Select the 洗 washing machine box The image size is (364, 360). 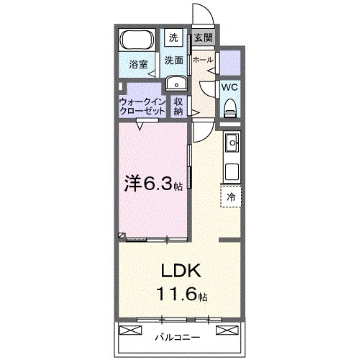tap(173, 37)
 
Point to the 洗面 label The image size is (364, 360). tap(173, 60)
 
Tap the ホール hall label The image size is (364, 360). tap(203, 60)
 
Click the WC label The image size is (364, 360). tap(229, 86)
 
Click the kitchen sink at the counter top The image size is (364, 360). tap(232, 145)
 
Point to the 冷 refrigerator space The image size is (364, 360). tap(231, 196)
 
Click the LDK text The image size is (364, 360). tap(182, 271)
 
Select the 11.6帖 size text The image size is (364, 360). tap(182, 296)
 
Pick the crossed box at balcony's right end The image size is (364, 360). tap(226, 330)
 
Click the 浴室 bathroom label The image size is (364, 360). tap(139, 65)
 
